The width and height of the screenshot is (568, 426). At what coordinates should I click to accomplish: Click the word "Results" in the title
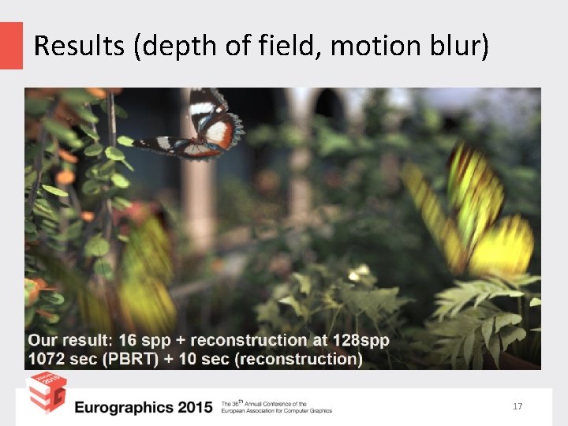pyautogui.click(x=79, y=47)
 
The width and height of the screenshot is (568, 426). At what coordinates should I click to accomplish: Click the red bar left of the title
pyautogui.click(x=11, y=45)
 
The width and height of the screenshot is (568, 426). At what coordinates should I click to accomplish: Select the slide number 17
pyautogui.click(x=518, y=406)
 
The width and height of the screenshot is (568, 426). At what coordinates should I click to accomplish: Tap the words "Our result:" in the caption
pyautogui.click(x=69, y=341)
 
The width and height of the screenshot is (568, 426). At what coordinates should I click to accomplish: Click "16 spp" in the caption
pyautogui.click(x=140, y=341)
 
